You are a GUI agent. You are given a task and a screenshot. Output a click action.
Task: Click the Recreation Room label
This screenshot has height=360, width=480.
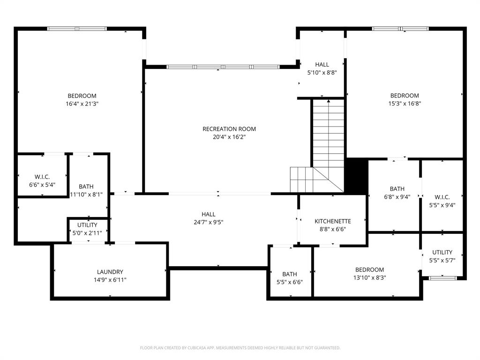tap(229, 129)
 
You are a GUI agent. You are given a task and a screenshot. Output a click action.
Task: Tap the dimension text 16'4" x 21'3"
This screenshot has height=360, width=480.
tap(82, 104)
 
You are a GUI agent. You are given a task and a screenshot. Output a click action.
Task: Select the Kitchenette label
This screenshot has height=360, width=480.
tap(333, 221)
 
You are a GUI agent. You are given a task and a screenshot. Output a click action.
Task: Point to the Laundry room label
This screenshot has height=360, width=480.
tap(110, 272)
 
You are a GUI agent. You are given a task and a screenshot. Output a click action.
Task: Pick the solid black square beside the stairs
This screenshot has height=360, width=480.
tap(356, 176)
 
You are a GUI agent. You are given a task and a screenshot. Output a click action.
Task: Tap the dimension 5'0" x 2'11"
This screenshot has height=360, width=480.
tap(88, 233)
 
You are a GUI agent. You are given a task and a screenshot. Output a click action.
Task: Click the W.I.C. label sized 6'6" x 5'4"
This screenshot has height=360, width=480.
tap(42, 177)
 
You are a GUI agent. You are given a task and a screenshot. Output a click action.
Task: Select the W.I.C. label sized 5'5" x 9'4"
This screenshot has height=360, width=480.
tap(442, 197)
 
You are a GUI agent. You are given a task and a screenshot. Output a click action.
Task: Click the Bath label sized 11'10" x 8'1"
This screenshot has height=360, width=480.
tap(86, 187)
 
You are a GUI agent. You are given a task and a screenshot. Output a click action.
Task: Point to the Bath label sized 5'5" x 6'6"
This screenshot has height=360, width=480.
tap(290, 274)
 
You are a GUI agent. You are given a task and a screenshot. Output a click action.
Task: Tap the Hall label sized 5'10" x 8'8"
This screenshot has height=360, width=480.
tap(322, 65)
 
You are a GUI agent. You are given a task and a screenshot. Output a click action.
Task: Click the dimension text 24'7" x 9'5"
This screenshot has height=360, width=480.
tap(209, 222)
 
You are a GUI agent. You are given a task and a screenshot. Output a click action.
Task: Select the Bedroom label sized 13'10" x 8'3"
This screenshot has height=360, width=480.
tap(369, 270)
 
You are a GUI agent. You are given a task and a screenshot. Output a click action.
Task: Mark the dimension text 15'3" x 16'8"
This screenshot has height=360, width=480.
tap(405, 104)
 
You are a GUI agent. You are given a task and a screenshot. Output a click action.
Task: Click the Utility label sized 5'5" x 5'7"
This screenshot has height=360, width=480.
tap(442, 252)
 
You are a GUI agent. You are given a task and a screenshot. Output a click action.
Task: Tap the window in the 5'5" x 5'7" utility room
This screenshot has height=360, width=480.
tap(443, 278)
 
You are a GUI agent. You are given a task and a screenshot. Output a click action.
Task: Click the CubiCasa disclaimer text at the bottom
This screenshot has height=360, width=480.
tap(240, 348)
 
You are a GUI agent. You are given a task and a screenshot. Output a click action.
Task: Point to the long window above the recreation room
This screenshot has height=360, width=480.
tap(223, 67)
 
